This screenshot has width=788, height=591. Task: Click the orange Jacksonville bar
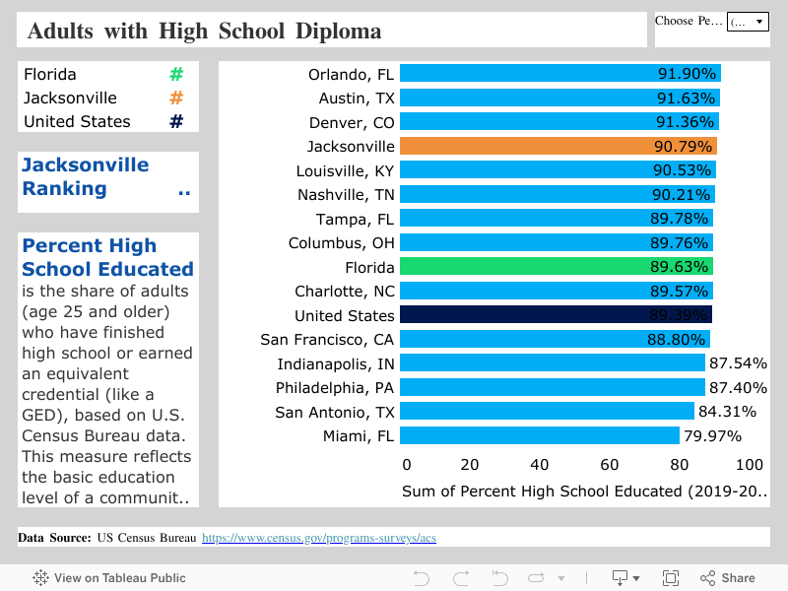click(558, 146)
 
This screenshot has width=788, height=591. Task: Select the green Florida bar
click(556, 267)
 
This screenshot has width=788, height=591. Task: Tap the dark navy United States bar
click(556, 315)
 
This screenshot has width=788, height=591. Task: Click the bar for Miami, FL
click(539, 435)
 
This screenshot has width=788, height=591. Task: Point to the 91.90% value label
click(687, 74)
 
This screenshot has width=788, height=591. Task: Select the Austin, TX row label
click(357, 98)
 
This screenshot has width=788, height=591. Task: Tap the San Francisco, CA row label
click(327, 340)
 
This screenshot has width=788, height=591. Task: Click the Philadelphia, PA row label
click(335, 387)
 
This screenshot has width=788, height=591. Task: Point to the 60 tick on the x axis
click(610, 465)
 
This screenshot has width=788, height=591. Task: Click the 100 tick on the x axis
click(749, 465)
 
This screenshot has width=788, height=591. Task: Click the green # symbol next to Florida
click(176, 74)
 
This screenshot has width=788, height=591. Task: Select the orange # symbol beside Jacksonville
click(176, 98)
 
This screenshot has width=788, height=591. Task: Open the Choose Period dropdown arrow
click(758, 22)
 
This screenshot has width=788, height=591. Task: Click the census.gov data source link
click(319, 538)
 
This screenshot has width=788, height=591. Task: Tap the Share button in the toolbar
click(728, 578)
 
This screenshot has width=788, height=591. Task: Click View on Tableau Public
click(109, 578)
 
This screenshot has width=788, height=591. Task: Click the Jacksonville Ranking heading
click(85, 177)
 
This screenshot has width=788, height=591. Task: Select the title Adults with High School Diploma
click(204, 31)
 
